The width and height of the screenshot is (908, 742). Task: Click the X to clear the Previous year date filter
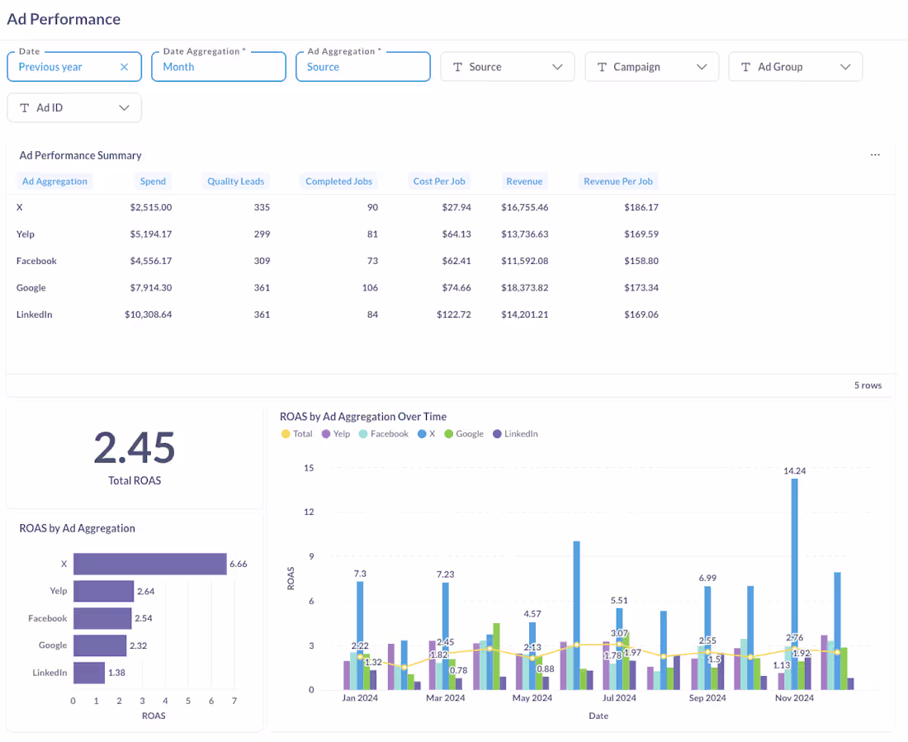point(125,67)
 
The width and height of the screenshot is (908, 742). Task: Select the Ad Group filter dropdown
point(795,67)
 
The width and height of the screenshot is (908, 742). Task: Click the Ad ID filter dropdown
point(73,107)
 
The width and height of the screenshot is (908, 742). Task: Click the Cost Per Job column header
point(439,182)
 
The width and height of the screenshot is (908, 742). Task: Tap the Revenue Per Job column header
point(617,182)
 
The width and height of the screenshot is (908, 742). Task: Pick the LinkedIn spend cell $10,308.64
point(149,314)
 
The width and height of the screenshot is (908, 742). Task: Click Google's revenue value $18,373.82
point(524,288)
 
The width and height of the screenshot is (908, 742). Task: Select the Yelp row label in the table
point(26,234)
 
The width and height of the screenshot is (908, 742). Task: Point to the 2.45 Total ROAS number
point(134,448)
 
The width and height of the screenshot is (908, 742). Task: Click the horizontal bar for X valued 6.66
point(149,564)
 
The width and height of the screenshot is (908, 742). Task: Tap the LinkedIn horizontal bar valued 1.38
point(89,673)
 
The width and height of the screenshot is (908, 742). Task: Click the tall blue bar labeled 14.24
point(794,586)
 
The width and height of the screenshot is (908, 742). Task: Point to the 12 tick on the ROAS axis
point(309,513)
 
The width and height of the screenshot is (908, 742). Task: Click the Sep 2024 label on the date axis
point(707,698)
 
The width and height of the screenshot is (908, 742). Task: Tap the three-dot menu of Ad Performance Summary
point(875,155)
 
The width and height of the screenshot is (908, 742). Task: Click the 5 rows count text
point(868,385)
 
